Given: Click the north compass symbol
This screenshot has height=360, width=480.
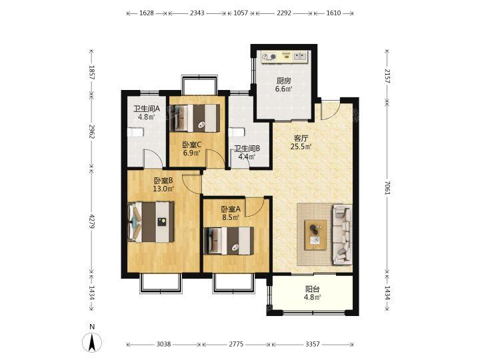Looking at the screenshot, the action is pos(92,342).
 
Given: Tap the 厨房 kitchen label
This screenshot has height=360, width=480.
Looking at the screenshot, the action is pos(283,81).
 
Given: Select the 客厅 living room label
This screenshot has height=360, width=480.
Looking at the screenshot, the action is pos(301,139).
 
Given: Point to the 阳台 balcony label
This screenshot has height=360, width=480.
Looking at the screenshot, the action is pos(313,289).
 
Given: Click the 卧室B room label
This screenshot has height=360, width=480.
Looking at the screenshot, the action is pos(163,181).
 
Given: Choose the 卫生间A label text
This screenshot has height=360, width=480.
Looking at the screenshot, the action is pos(147,109).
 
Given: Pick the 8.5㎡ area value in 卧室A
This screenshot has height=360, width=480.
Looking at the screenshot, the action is pos(231,217).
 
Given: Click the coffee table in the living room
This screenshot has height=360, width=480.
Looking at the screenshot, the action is pos(315,235).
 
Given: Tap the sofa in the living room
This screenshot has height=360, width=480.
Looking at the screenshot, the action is pos(342,235).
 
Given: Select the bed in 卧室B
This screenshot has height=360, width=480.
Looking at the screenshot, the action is pos(151,222).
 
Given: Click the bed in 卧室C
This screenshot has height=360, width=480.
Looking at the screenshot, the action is pos(195,118).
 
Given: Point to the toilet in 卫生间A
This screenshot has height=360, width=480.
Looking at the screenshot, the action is pos(135,132).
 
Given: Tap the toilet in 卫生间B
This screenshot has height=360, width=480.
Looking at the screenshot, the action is pos(236,132).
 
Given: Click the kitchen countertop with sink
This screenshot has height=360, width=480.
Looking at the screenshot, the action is pos(285,57).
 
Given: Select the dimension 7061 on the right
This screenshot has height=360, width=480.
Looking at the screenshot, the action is pos(387,187).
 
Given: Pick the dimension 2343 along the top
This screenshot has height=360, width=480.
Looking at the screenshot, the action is pos(197,13).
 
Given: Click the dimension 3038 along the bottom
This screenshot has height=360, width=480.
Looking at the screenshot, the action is pos(164,345).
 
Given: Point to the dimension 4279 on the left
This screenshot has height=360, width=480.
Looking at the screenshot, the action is pos(91,219).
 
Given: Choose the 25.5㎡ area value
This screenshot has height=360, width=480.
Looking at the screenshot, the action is pos(301,147).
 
